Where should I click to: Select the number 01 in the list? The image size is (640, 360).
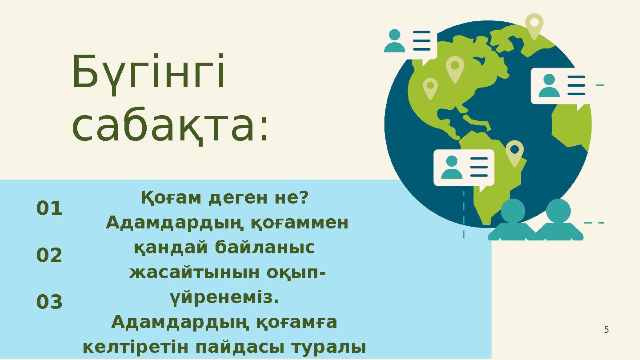point(49,208)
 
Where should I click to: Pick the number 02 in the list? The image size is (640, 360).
point(49,256)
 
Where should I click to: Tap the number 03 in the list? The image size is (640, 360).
point(49,303)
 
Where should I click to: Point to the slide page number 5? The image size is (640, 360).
point(606,330)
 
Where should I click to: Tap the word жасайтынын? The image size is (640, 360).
point(195,272)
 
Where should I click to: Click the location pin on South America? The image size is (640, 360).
point(515,152)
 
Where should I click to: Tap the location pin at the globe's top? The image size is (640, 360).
point(534,24)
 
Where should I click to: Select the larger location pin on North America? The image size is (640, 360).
point(455,68)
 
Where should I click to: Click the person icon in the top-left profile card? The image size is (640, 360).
point(395,40)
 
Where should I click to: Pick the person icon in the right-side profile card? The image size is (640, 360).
point(549,85)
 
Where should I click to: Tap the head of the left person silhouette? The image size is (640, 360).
point(513,211)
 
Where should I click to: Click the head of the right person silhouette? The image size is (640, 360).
point(558,211)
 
